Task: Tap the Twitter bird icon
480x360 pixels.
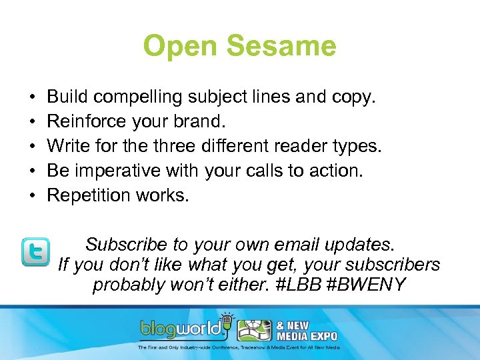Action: coord(35,253)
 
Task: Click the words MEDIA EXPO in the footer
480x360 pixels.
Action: coord(309,335)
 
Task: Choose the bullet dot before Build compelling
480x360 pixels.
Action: coord(33,97)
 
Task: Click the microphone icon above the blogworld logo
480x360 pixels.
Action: coord(227,319)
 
